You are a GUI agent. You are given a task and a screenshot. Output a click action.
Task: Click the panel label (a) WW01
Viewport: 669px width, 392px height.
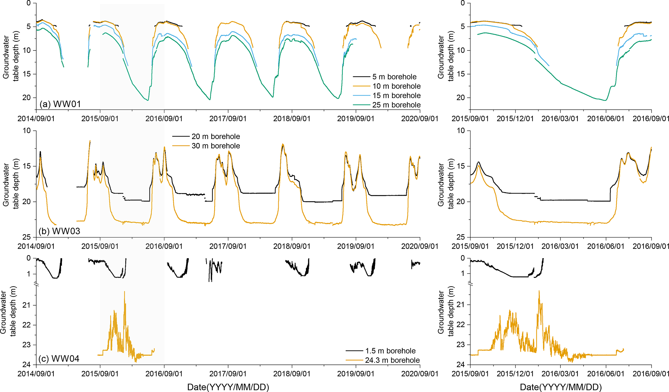point(60,104)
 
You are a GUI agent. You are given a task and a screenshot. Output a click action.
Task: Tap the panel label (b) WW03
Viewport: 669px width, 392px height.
point(60,231)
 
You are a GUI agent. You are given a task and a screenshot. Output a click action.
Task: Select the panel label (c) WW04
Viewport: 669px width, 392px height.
point(59,359)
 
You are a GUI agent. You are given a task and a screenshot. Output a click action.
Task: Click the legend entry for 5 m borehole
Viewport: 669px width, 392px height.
point(394,77)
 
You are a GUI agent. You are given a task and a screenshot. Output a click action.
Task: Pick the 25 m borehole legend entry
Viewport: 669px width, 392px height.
point(396,105)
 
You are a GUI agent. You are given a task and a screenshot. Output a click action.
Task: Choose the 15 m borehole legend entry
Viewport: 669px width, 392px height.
point(396,95)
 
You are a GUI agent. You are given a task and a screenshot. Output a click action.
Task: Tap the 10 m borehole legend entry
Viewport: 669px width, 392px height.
point(396,86)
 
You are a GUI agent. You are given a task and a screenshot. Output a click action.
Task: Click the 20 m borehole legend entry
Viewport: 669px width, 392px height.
point(216,136)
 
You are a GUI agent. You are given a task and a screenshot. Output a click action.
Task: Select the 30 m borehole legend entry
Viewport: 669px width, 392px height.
point(216,146)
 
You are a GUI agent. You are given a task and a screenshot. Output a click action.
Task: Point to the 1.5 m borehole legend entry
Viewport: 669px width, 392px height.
point(390,351)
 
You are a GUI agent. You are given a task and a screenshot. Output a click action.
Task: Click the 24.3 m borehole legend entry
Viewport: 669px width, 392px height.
point(392,360)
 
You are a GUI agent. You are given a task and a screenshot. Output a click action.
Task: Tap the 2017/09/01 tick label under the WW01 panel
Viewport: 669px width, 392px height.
point(228,119)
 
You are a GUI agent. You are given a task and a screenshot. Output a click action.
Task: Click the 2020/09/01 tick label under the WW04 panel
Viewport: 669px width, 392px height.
point(420,374)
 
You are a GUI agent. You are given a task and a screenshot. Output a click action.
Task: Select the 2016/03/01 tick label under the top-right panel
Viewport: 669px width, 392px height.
point(560,119)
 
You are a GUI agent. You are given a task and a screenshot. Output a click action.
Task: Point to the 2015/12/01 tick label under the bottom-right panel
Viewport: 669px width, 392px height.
point(515,374)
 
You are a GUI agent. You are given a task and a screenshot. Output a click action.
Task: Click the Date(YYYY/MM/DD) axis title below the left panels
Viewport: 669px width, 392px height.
point(228,387)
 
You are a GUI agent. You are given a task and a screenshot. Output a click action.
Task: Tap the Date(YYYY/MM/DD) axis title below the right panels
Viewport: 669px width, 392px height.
point(561,387)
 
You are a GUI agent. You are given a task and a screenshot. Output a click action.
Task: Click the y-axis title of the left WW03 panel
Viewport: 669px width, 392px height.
point(10,184)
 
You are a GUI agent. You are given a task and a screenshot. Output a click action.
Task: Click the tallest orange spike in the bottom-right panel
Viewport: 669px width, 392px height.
point(539,291)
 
